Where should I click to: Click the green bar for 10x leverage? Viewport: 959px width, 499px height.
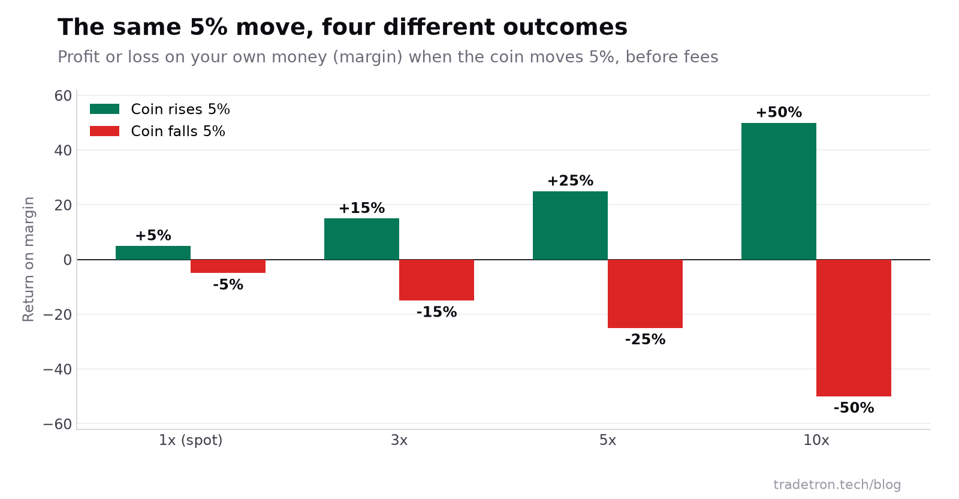coord(779,191)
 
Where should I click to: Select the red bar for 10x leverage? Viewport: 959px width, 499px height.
coord(854,327)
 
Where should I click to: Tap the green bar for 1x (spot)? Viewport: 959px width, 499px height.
coord(153,252)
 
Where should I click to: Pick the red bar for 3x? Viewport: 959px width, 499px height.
coord(436,279)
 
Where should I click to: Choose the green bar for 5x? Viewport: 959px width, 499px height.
coord(570,226)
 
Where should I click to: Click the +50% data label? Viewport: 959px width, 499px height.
coord(779,112)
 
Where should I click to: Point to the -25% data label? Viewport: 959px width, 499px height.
coord(645,339)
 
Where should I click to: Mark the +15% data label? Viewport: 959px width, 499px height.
coord(362,208)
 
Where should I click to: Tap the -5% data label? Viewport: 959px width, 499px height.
coord(228,284)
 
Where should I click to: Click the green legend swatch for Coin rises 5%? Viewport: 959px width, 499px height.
coord(104,109)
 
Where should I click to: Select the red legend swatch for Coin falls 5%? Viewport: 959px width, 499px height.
coord(104,131)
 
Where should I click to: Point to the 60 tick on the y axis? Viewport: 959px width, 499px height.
coord(63,96)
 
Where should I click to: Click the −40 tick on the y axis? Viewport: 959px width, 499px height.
coord(58,369)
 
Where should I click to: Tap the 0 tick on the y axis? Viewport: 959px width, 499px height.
coord(68,260)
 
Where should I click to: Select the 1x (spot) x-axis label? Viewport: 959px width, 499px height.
coord(191,440)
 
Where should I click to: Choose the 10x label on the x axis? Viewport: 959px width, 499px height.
coord(816,440)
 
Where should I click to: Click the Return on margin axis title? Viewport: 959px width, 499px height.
coord(28,259)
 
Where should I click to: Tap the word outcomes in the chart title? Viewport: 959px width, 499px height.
coord(565,28)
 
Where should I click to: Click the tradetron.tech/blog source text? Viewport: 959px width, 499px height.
coord(837,485)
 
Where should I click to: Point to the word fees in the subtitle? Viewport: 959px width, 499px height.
coord(701,57)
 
